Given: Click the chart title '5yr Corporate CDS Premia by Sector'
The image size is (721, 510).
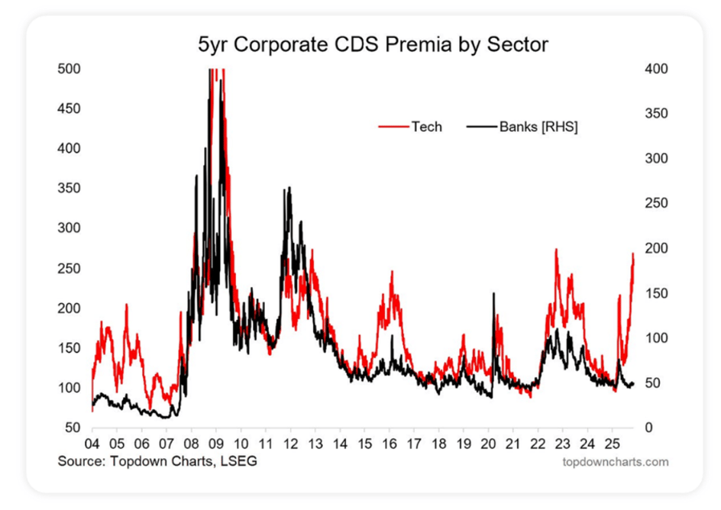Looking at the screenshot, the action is click(373, 44).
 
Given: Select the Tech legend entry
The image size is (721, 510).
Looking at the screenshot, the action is click(410, 126).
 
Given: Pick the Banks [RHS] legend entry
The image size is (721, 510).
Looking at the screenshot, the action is click(522, 126).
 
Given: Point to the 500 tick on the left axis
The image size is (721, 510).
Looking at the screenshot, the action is click(69, 69).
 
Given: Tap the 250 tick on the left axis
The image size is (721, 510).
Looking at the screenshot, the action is click(69, 268).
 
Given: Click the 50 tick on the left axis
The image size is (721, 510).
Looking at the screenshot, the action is click(73, 428).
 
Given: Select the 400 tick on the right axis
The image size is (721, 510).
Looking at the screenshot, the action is click(656, 69).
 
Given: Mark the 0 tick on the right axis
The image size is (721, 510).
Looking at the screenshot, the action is click(648, 428).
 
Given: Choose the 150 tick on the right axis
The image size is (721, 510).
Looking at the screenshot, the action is click(656, 293).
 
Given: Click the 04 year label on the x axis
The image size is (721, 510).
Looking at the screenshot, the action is click(92, 444).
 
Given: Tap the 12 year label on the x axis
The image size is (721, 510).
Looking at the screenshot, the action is click(290, 444).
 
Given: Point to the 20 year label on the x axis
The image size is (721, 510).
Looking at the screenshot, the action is click(488, 444).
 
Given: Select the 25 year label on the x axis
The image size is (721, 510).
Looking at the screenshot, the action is click(612, 444).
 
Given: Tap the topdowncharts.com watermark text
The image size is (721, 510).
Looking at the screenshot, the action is click(616, 462).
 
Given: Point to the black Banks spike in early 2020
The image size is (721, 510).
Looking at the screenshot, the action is click(494, 293).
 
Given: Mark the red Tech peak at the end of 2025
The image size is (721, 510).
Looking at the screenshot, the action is click(633, 253).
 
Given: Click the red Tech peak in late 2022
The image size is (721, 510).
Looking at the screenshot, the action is click(556, 250).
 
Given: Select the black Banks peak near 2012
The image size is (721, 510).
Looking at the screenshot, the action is click(289, 188).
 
